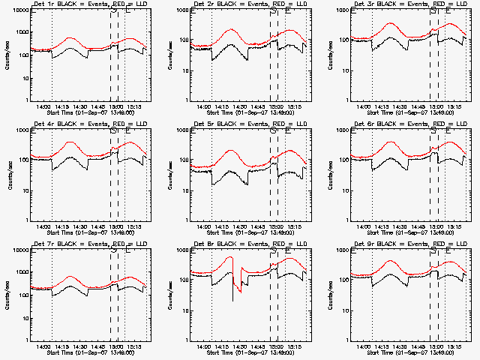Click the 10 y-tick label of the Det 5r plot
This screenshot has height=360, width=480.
tap(184, 190)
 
